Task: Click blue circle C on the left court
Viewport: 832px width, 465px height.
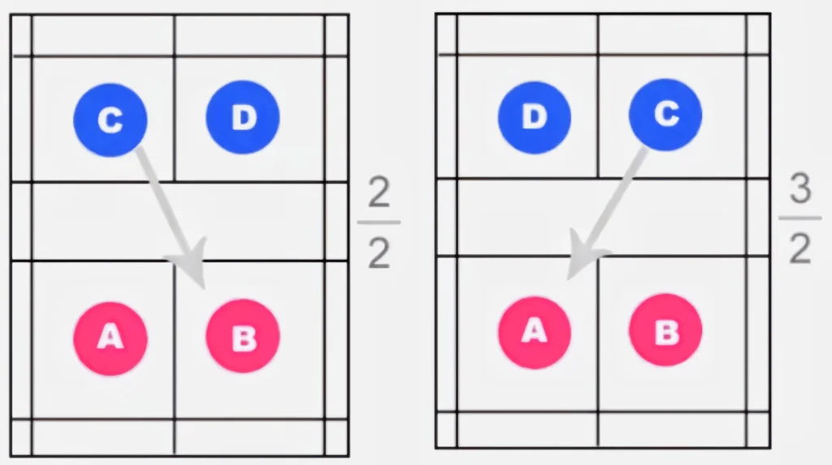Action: (x=110, y=120)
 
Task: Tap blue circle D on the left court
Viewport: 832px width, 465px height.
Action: (x=243, y=117)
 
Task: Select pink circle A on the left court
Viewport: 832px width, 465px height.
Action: (x=110, y=339)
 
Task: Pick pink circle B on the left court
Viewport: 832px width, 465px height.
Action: (x=243, y=336)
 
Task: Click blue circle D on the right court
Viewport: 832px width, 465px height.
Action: (x=535, y=117)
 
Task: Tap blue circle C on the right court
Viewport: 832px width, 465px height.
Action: (x=665, y=115)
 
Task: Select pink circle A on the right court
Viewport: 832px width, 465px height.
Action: (x=535, y=332)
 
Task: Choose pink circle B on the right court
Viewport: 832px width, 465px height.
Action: (x=665, y=330)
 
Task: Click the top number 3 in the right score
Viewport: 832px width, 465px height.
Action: (x=800, y=189)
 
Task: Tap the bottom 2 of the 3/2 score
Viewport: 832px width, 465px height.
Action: (x=799, y=249)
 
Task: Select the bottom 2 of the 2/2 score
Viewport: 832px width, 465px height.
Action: (x=379, y=253)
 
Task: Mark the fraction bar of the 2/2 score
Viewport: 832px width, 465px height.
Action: (x=379, y=223)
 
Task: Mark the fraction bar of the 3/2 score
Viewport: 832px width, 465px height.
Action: (x=800, y=218)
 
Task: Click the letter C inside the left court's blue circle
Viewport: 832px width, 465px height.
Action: (x=110, y=120)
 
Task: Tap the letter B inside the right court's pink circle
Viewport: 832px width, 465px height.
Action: (x=666, y=331)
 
